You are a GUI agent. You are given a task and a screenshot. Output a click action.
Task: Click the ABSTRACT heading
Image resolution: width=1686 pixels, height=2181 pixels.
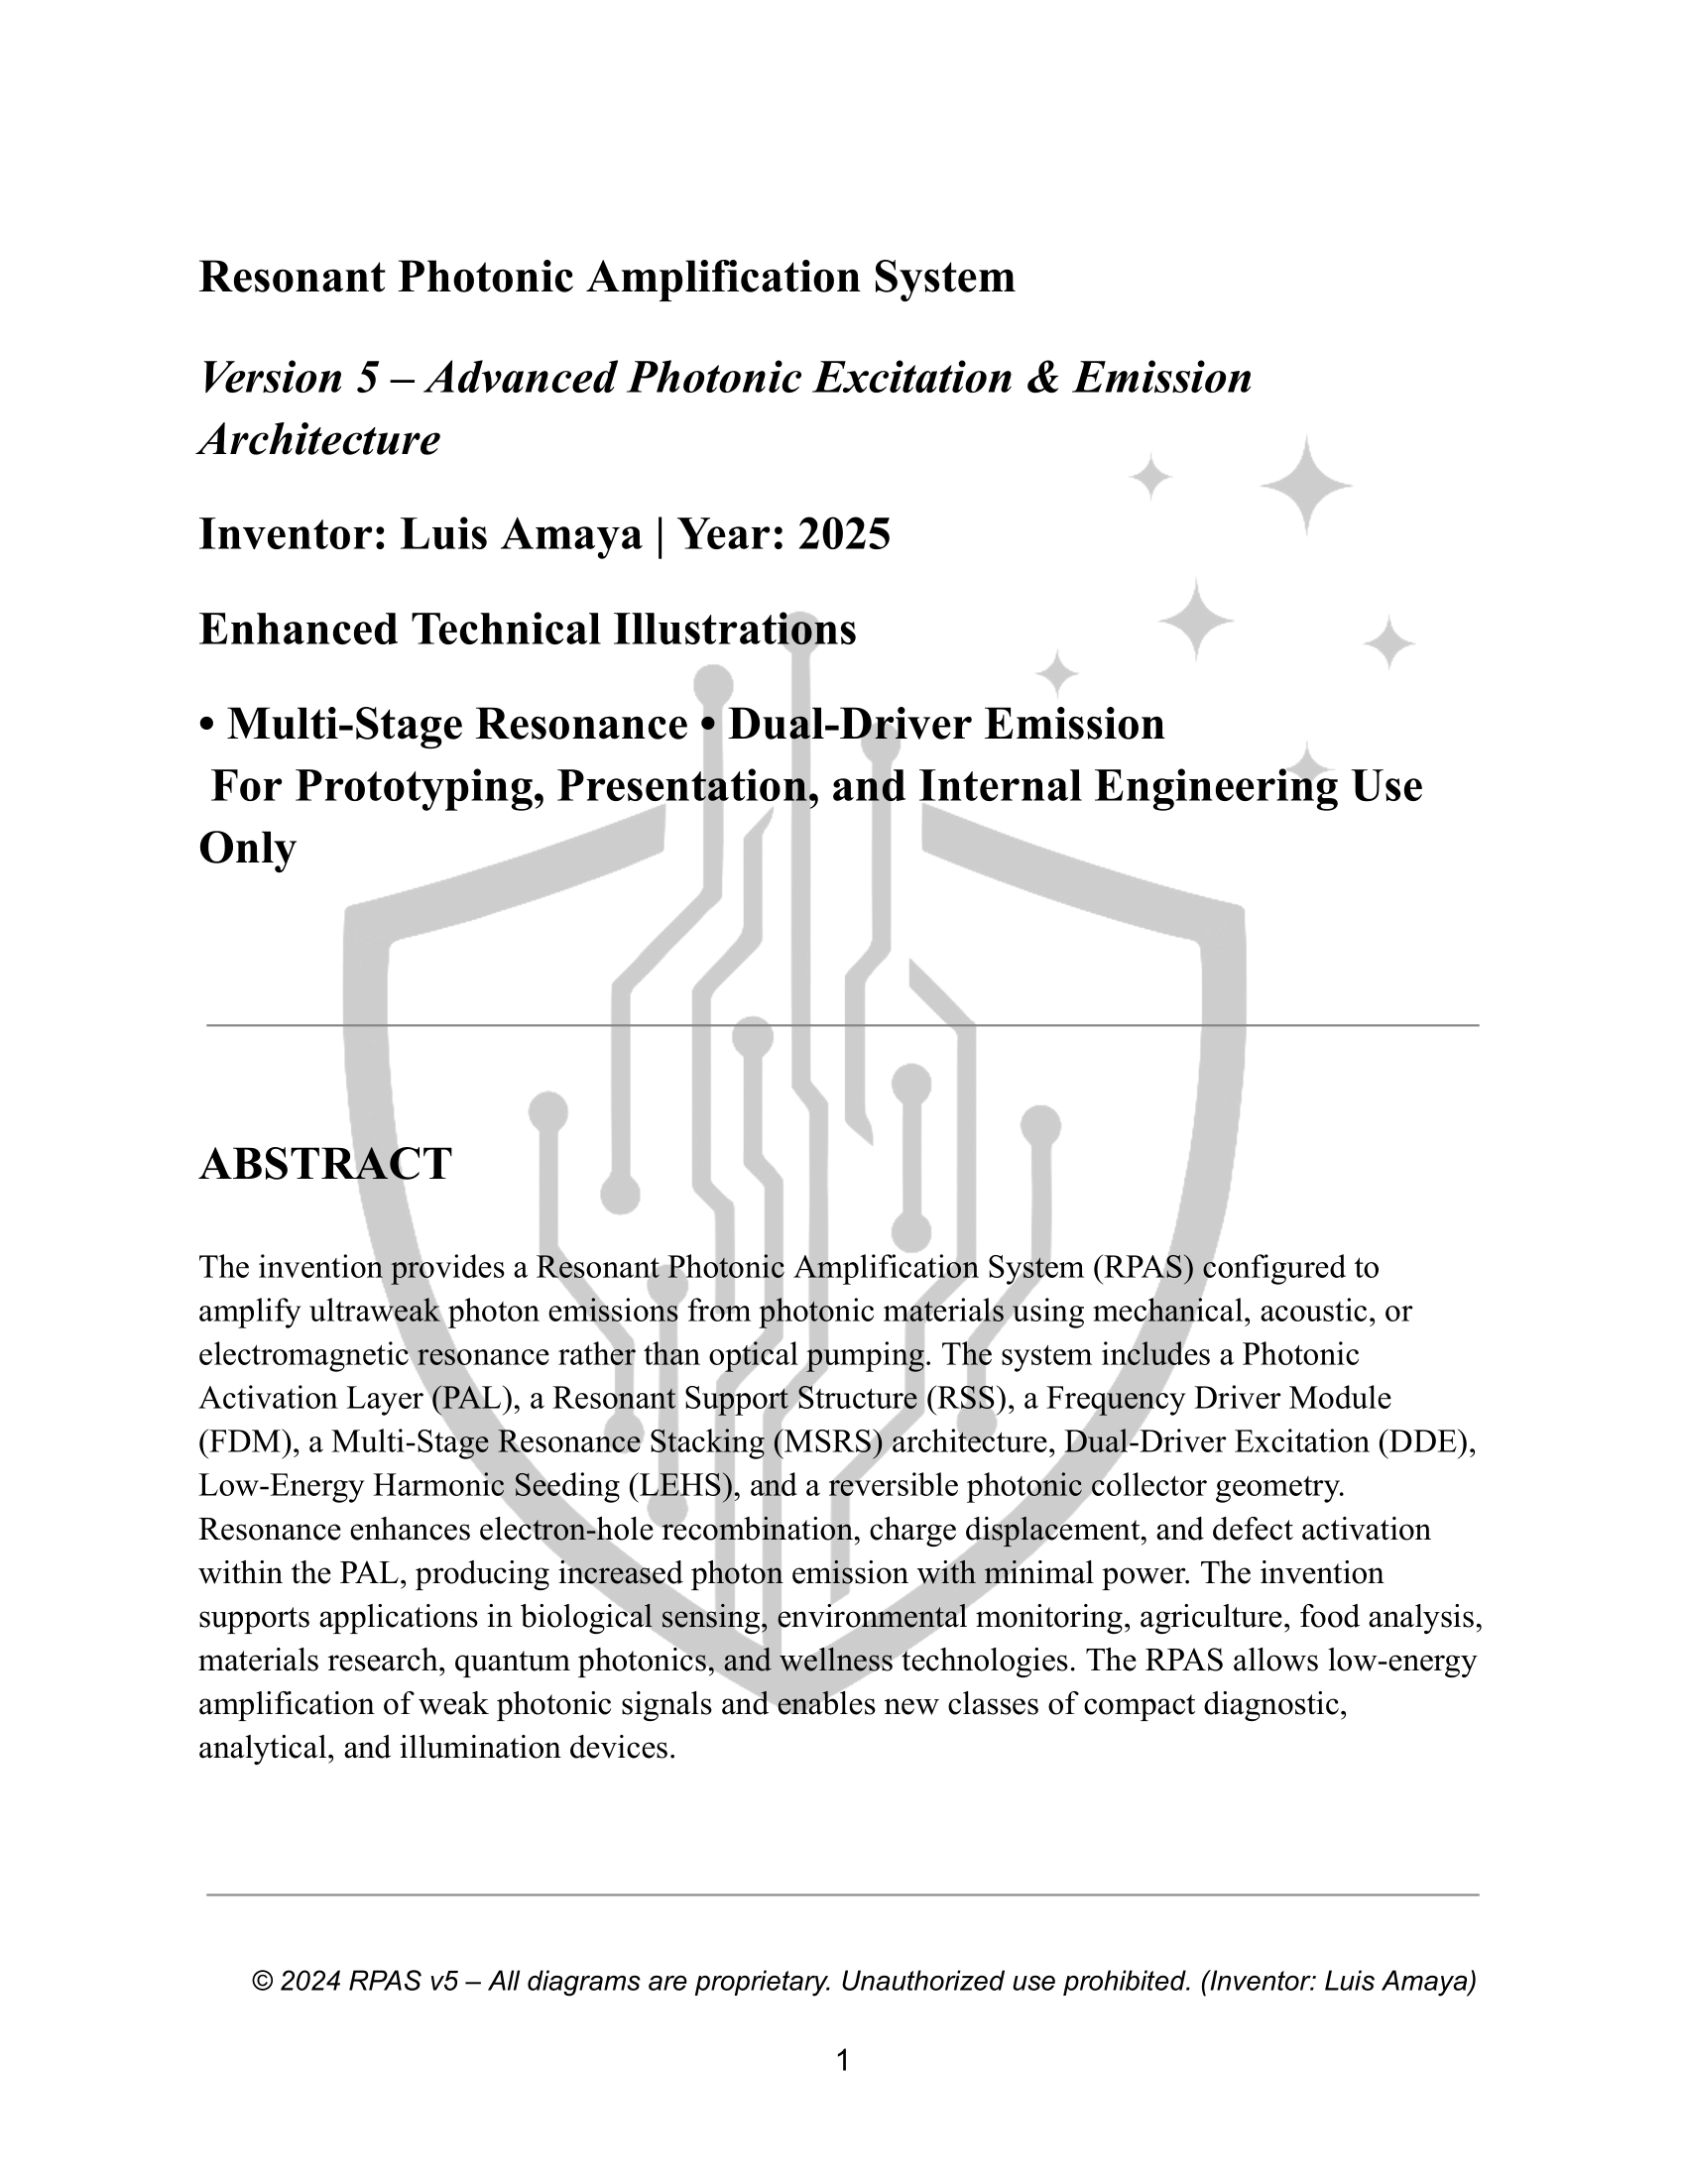[x=324, y=1165]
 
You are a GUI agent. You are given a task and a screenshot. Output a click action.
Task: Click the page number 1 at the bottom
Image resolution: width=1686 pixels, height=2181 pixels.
[x=842, y=2060]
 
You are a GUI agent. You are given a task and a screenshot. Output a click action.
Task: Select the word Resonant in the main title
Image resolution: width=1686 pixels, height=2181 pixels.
[x=292, y=277]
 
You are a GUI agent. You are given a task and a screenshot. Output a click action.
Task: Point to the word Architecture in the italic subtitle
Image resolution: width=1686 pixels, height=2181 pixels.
[x=319, y=439]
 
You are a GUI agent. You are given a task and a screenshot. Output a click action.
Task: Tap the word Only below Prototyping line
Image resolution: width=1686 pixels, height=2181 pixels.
[x=247, y=849]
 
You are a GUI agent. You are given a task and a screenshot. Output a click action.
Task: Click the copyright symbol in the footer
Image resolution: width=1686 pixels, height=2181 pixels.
[x=263, y=1982]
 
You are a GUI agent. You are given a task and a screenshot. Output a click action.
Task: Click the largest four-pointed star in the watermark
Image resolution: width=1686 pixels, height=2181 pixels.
[x=1305, y=486]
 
